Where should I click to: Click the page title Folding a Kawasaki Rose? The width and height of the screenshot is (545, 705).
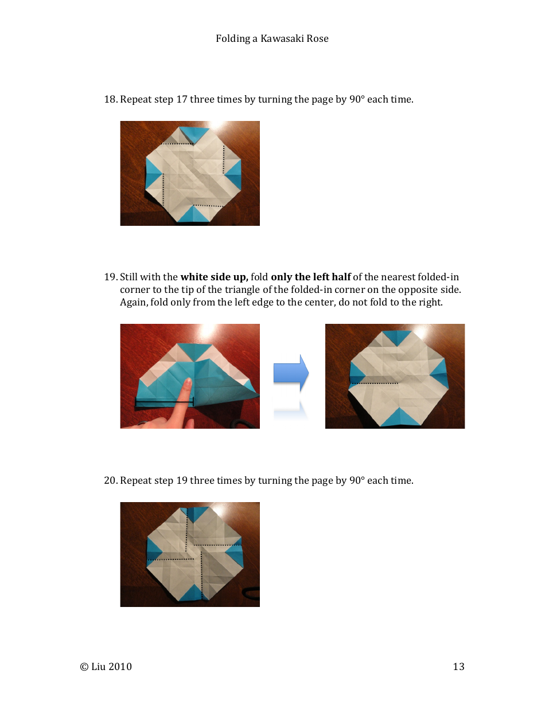click(272, 38)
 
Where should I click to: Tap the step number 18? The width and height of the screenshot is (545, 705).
click(110, 99)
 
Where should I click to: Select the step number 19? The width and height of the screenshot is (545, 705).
click(110, 277)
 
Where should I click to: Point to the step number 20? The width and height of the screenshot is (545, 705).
click(110, 480)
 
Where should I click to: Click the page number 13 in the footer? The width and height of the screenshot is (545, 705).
click(458, 667)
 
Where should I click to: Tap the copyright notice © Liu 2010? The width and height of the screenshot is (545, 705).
click(106, 667)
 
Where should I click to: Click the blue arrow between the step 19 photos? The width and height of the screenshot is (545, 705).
click(290, 373)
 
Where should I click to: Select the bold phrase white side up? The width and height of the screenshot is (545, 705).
click(214, 277)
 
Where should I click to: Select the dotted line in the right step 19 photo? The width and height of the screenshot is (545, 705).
click(374, 382)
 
